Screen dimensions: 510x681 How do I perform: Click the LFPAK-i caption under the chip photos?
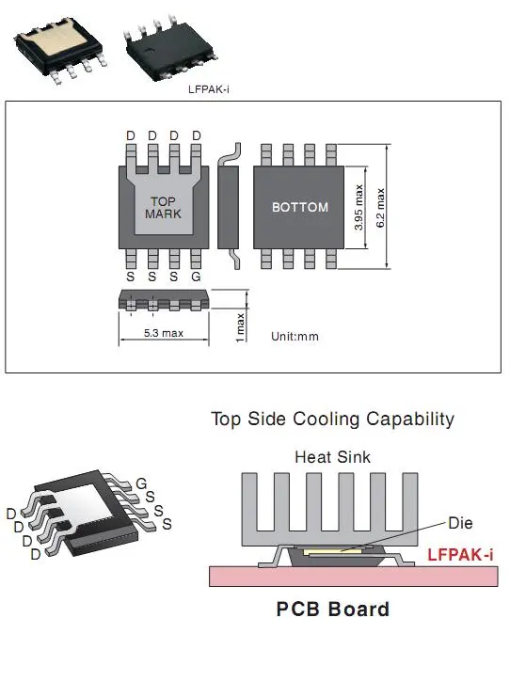pos(209,89)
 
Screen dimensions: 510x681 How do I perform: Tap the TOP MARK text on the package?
pos(164,208)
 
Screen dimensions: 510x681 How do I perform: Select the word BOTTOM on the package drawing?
pos(300,207)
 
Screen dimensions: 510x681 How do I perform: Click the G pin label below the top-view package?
pos(196,277)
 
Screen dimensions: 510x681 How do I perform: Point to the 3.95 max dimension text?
pos(359,207)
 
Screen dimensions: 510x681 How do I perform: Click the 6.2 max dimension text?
pos(380,208)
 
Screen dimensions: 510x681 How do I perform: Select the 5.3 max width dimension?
pos(164,333)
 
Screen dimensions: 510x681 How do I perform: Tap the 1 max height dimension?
pos(240,328)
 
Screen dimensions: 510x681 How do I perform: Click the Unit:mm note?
pos(295,336)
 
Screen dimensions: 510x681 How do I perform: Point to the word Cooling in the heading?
pos(326,420)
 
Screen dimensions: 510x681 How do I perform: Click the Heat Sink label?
pos(333,457)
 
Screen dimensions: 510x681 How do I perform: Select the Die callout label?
pos(460,523)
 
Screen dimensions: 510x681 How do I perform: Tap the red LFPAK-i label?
pos(460,555)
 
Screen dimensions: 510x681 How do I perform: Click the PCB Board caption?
pos(333,609)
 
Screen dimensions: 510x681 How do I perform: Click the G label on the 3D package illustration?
pos(142,483)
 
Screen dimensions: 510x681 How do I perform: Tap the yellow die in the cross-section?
pos(332,551)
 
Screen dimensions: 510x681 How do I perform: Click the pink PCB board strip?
pos(354,577)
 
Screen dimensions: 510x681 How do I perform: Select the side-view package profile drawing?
pos(229,207)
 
